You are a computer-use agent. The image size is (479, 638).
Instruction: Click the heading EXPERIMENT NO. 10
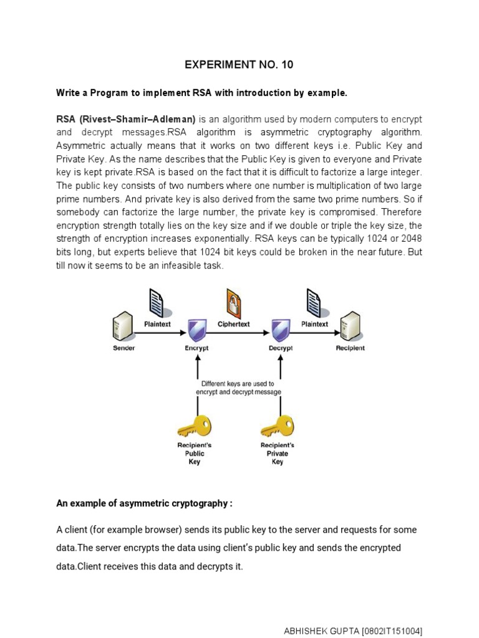tap(239, 65)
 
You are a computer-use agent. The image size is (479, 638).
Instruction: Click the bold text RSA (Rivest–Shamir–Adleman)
tap(126, 119)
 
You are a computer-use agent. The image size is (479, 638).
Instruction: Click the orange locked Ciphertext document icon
tap(234, 303)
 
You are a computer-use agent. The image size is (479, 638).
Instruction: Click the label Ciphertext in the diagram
tap(234, 324)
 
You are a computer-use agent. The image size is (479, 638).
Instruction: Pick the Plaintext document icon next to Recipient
tap(314, 303)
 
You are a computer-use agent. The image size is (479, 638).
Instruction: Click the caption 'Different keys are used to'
tap(238, 384)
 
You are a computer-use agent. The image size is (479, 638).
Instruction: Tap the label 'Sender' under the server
tap(123, 348)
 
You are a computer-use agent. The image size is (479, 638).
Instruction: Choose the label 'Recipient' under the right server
tap(351, 348)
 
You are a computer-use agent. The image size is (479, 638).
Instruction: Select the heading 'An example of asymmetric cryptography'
tap(144, 503)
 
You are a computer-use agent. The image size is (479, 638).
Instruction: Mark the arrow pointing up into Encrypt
tap(197, 374)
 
